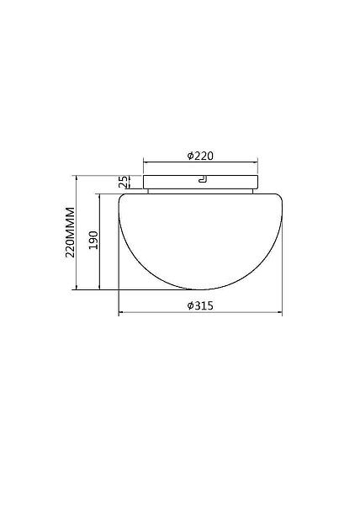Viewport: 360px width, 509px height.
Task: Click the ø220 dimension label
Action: [200, 156]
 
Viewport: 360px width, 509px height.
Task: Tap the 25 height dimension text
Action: [122, 182]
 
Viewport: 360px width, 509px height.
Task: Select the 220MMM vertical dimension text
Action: [70, 232]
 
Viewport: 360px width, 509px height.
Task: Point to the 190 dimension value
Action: [93, 241]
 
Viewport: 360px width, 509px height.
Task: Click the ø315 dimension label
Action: [200, 305]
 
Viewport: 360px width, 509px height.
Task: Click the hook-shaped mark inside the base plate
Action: [203, 180]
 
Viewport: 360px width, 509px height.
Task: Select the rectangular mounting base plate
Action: [201, 182]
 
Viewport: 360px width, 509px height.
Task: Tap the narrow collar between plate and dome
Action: [200, 191]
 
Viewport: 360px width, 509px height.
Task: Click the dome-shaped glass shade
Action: [200, 241]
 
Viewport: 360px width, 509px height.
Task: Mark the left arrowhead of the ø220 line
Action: [146, 162]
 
